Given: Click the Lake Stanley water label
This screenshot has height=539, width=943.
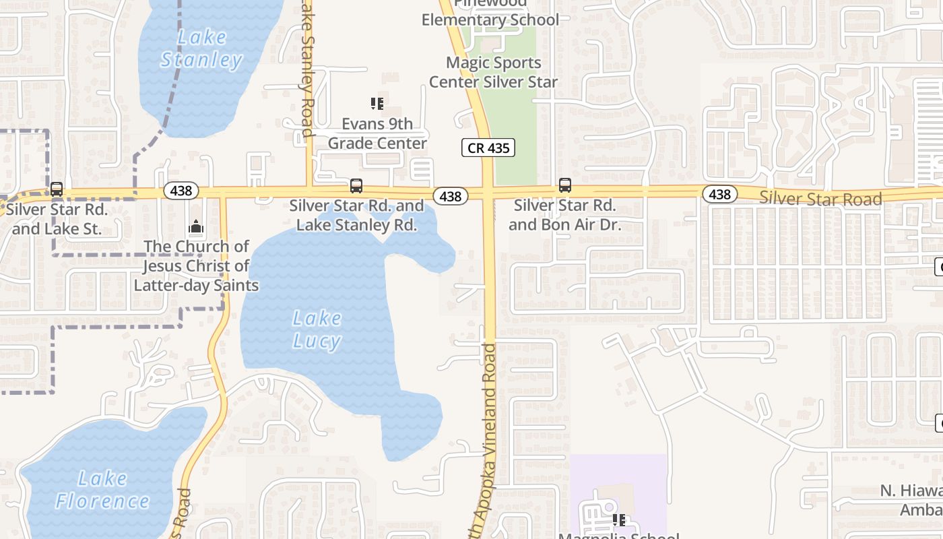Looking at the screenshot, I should (201, 49).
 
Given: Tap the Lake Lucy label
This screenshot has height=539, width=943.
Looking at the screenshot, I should (317, 329).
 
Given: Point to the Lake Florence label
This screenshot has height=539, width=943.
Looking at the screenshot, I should (102, 490).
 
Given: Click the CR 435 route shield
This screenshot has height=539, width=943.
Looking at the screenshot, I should (488, 148).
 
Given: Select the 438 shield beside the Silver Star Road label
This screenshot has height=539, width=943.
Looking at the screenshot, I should (720, 195).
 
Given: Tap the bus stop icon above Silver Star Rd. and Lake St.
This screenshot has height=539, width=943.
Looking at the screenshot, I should (57, 189).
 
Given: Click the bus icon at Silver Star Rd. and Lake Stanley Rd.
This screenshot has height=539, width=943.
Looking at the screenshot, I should (356, 185).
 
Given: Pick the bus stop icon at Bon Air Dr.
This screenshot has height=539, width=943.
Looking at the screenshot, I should (564, 185).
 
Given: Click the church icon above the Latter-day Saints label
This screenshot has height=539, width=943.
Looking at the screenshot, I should (196, 227).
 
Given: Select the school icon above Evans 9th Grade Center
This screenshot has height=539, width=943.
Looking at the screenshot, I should (377, 104).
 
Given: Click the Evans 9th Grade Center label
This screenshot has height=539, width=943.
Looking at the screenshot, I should (377, 133).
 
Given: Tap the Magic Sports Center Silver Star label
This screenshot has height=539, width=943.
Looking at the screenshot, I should (494, 72).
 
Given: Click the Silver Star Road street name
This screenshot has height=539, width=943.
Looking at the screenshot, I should (820, 199).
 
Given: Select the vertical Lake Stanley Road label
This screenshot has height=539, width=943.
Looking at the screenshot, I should (308, 67).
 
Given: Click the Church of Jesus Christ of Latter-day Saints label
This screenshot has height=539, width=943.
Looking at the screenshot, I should (196, 265).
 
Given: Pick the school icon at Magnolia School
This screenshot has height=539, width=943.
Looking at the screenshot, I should (619, 520).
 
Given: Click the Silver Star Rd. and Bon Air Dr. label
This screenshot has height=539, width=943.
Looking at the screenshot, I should (564, 214).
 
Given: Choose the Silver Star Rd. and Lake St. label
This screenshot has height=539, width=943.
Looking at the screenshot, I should (57, 219).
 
